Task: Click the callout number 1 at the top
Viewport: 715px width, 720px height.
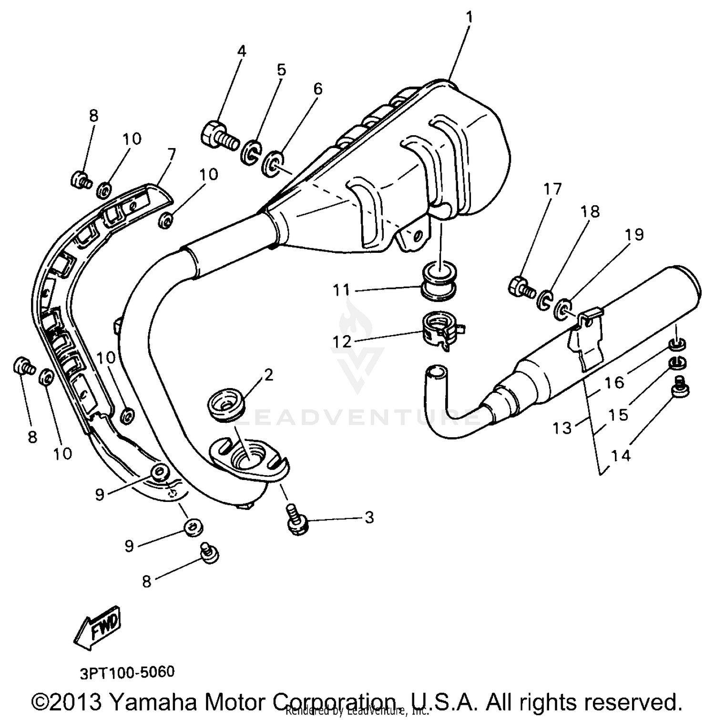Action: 469,18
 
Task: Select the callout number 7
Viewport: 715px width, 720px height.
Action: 171,154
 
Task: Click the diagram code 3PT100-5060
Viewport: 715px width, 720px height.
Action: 127,671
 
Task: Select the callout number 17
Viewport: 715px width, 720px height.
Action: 553,189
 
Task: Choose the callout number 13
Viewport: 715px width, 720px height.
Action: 562,428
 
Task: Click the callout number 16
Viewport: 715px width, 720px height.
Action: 614,382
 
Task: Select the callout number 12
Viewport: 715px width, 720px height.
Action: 341,341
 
